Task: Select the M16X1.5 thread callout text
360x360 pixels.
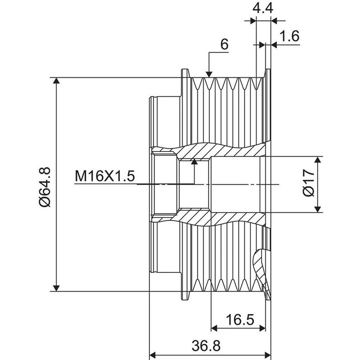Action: [105, 176]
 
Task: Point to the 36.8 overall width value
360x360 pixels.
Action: [206, 346]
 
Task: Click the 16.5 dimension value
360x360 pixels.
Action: [240, 319]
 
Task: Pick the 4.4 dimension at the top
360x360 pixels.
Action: [263, 9]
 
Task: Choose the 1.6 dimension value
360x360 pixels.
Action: [290, 36]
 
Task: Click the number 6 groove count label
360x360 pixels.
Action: [224, 44]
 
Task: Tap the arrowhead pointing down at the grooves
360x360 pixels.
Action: [209, 74]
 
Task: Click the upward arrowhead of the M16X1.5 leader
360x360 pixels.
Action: [194, 162]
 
